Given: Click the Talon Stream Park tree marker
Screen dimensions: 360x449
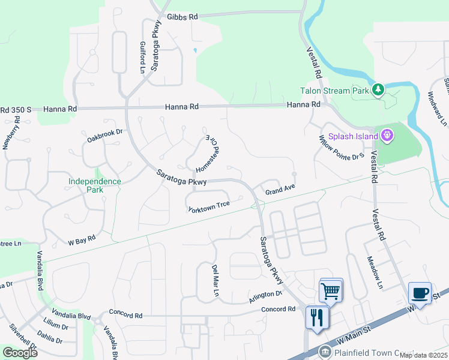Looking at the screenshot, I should point(378,91).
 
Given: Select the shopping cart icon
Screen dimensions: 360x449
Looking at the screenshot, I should point(331,292).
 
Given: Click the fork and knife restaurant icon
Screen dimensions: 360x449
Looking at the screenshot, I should point(317,316).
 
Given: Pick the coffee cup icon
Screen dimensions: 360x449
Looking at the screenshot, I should point(420,293).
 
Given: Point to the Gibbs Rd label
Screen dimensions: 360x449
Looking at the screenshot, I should point(182,17).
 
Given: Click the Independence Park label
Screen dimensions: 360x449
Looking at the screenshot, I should point(94,185).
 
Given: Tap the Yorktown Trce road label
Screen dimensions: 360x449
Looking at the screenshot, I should point(209,206).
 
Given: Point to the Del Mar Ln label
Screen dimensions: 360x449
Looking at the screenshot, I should point(214,280).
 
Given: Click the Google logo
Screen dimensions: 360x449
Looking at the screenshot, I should point(20,352).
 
